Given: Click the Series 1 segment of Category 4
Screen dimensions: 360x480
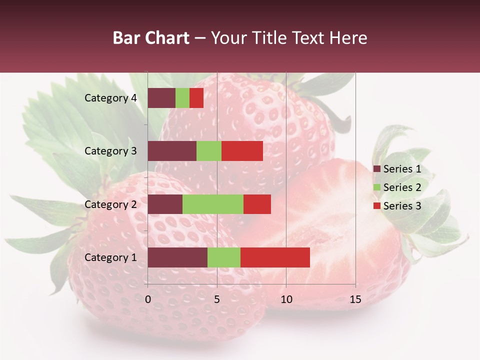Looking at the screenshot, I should click(x=161, y=98).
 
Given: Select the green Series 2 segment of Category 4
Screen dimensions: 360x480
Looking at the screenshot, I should click(x=182, y=98).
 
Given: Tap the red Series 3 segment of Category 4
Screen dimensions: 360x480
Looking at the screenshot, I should click(x=196, y=98).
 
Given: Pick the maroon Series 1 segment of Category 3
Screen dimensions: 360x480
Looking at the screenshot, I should click(x=172, y=151).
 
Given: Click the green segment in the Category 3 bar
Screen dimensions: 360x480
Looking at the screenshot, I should click(x=209, y=151).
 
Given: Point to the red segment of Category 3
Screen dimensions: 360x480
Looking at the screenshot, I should click(x=242, y=151).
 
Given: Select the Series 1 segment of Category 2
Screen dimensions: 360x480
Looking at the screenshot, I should click(x=165, y=204).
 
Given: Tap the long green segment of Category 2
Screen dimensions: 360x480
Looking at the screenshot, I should click(x=213, y=204).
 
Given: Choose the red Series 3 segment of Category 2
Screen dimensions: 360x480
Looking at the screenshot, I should click(x=257, y=204).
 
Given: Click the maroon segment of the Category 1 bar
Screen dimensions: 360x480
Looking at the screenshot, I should click(x=177, y=257).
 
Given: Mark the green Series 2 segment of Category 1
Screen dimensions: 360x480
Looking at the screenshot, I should click(x=224, y=257).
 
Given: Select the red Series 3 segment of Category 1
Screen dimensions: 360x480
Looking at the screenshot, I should click(x=275, y=257).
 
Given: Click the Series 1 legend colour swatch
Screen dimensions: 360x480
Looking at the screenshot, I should click(x=377, y=169).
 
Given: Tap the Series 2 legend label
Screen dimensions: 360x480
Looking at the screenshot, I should click(x=402, y=187).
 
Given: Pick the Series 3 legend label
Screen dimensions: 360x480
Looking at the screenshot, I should click(x=402, y=206).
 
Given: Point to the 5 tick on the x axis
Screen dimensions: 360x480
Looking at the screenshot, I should click(x=217, y=299).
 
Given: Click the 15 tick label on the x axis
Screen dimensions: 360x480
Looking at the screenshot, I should click(x=355, y=299).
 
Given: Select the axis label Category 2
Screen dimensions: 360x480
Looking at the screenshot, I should click(x=110, y=204).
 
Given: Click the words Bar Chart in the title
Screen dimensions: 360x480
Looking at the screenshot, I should click(x=151, y=38).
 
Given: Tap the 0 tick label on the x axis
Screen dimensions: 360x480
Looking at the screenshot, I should click(x=148, y=299).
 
